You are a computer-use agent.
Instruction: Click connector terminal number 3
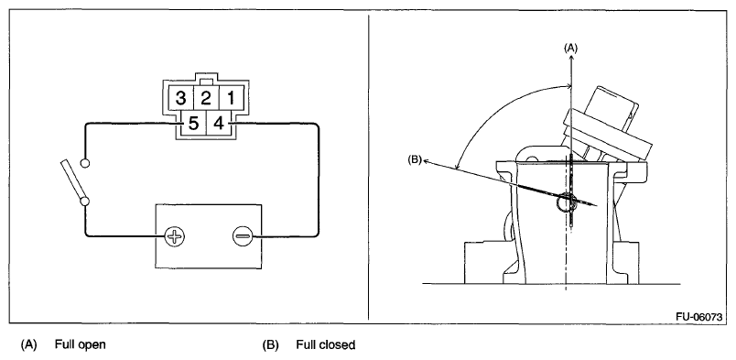(180, 99)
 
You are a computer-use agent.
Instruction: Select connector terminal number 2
(206, 99)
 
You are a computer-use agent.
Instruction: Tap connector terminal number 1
(231, 99)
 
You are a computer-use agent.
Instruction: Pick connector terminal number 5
(193, 124)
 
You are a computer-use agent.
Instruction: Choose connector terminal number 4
(218, 124)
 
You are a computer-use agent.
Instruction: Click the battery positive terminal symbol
(175, 236)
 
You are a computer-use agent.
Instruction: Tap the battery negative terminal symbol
(243, 236)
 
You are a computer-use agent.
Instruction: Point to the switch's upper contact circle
(85, 163)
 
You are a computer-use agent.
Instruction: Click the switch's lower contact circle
(85, 202)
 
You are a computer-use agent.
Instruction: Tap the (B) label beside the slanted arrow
(415, 159)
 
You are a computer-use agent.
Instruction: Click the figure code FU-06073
(698, 317)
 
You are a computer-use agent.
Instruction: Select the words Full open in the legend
(81, 345)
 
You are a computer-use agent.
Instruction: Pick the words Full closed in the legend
(325, 345)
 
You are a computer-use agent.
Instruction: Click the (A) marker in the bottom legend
(28, 345)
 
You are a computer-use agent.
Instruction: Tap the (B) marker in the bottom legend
(270, 345)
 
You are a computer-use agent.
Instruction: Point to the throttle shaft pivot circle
(565, 202)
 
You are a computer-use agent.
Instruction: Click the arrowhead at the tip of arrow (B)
(427, 161)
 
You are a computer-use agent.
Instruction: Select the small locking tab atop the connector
(206, 82)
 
